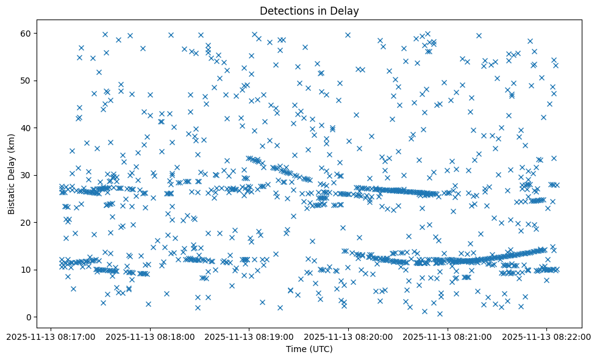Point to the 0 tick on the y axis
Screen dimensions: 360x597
coord(28,317)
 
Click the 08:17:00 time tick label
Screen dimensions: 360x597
coord(51,336)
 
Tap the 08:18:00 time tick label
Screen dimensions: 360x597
coord(150,336)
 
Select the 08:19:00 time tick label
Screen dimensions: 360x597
coord(249,336)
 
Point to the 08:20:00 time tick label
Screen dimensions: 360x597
coord(348,336)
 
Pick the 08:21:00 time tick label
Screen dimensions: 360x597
coord(448,336)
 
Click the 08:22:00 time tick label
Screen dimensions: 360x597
coord(546,336)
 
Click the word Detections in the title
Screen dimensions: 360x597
coord(284,10)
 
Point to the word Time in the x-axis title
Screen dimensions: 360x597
coord(296,349)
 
